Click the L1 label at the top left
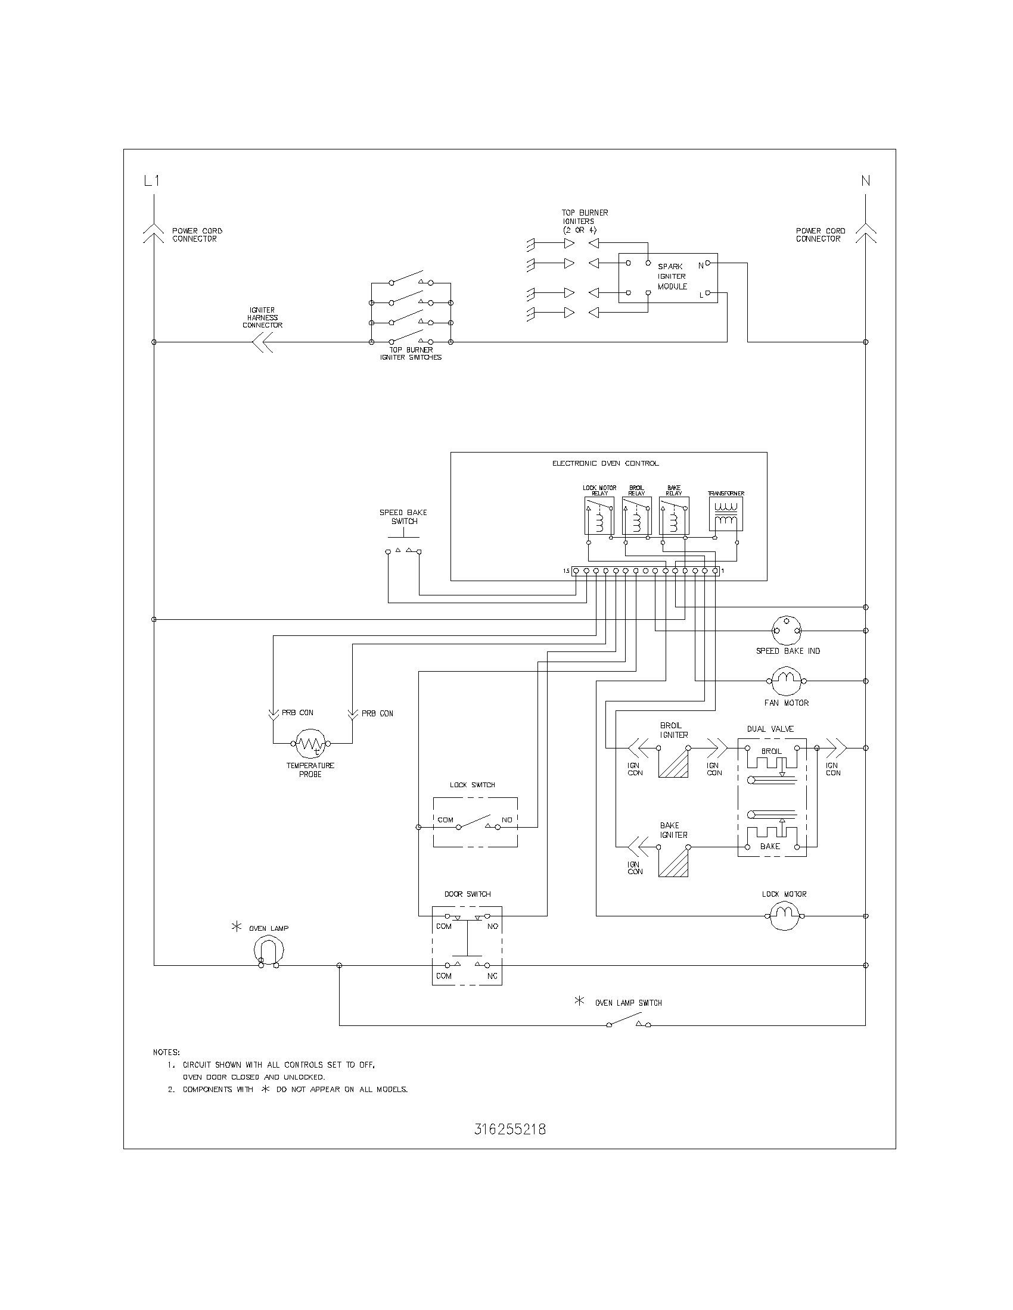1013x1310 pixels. point(152,180)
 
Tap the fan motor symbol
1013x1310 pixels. point(786,680)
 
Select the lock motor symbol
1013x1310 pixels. point(784,916)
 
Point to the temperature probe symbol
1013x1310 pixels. point(310,744)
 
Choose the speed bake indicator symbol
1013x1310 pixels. point(786,630)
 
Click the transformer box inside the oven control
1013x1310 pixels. point(726,514)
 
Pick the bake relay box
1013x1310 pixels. point(674,516)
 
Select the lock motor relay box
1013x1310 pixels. point(599,516)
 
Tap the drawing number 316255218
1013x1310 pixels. point(510,1129)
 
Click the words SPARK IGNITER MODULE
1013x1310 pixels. point(672,276)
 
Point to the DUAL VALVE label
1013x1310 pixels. point(770,729)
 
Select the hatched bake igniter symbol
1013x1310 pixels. point(673,862)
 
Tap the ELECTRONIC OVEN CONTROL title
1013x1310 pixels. point(605,463)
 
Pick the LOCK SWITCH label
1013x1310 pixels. point(473,785)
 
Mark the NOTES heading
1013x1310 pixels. point(166,1052)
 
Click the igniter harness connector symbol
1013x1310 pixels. point(262,342)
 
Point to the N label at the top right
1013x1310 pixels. point(865,180)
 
